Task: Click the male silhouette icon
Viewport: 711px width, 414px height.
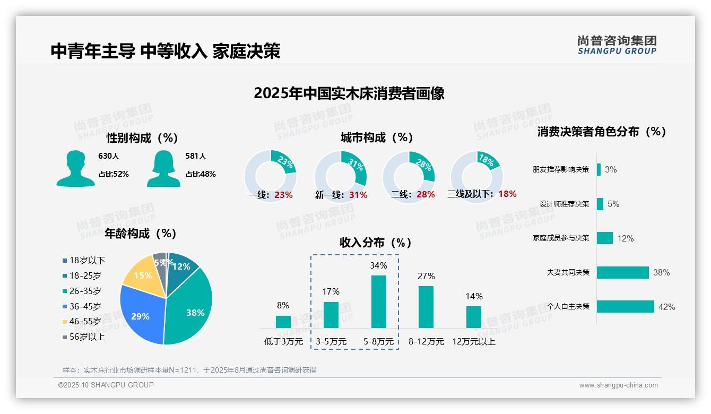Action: point(76,168)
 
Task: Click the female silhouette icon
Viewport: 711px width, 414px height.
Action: point(163,168)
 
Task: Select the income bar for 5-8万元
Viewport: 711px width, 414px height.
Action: point(378,301)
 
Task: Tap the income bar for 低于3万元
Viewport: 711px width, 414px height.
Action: point(283,322)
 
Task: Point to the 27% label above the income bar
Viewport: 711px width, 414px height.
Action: point(426,276)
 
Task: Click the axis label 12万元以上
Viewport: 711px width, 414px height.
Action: point(474,342)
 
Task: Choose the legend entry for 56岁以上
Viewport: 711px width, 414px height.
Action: point(83,337)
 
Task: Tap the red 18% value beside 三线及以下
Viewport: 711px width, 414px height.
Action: point(507,194)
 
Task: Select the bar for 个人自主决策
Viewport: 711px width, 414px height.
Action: point(625,306)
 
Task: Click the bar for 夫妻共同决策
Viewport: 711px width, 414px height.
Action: point(622,272)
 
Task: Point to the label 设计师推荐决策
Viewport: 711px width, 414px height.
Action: point(564,204)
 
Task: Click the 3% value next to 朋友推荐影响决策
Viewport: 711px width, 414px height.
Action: point(611,169)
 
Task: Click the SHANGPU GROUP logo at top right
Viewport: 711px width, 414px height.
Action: point(617,45)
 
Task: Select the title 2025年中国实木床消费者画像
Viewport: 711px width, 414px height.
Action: point(349,93)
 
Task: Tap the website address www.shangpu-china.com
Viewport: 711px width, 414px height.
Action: point(618,385)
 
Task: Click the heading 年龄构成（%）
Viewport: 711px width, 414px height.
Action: point(141,233)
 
